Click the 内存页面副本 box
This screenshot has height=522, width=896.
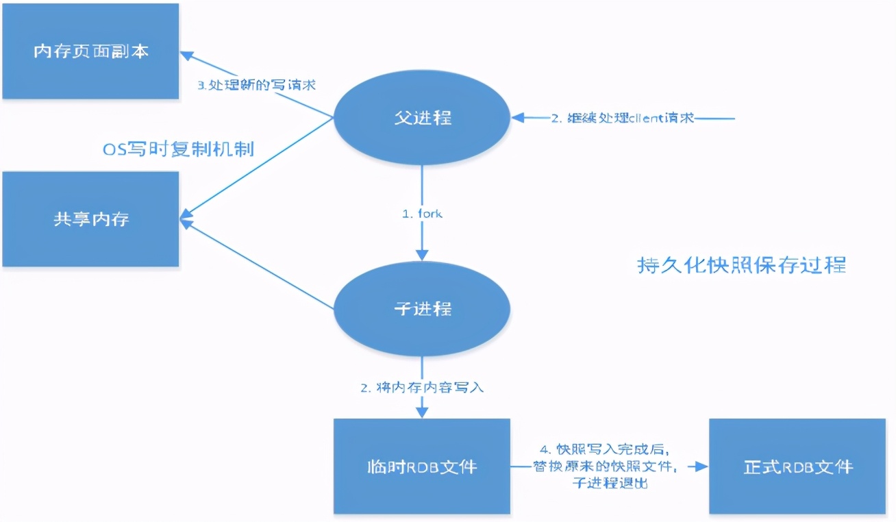point(90,51)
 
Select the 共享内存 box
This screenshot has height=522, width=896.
point(90,219)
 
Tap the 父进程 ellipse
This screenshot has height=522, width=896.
point(422,118)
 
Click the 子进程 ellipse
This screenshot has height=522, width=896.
point(422,308)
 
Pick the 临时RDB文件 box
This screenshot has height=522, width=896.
point(422,467)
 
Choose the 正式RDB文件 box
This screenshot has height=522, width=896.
point(797,467)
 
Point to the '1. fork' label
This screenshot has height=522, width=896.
point(422,214)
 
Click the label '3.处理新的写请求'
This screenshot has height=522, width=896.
point(256,86)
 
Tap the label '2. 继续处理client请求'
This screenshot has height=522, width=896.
point(623,118)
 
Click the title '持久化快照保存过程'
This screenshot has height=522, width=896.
point(742,265)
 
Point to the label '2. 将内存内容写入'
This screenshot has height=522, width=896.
point(422,388)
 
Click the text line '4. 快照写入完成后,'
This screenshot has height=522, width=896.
point(604,450)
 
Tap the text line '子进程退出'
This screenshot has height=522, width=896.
point(609,483)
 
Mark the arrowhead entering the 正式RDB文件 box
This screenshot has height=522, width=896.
point(701,467)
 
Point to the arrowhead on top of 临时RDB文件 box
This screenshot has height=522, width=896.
point(422,412)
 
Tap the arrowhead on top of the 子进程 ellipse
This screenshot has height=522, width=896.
point(422,254)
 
